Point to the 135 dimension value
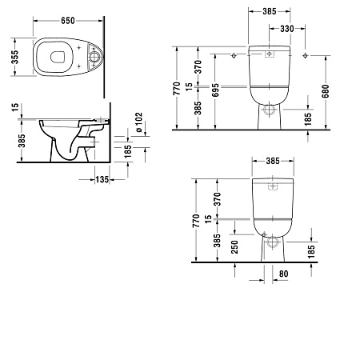click(x=102, y=179)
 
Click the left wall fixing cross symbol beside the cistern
click(x=232, y=56)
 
